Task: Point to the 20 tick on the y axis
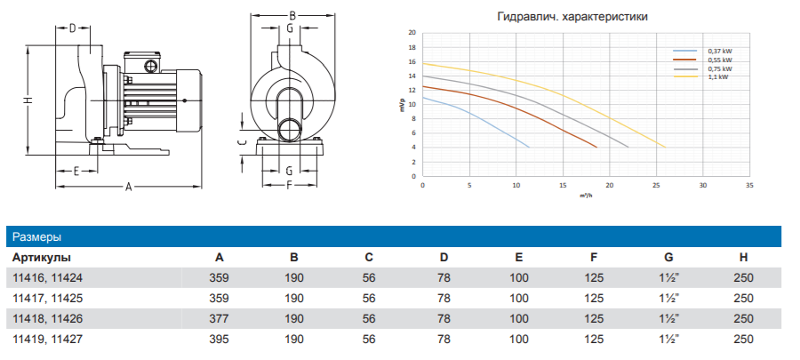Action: (412, 32)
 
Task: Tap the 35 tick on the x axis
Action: (749, 185)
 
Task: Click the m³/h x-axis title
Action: (586, 195)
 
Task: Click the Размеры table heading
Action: (36, 237)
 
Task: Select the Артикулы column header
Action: (41, 258)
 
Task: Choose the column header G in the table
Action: (668, 258)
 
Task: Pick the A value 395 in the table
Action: (219, 339)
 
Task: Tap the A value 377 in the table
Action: (219, 318)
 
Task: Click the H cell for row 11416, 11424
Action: (743, 278)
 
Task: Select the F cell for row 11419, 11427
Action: (594, 339)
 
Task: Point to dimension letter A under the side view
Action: (128, 187)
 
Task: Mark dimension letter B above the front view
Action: (291, 16)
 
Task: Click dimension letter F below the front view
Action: (290, 186)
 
